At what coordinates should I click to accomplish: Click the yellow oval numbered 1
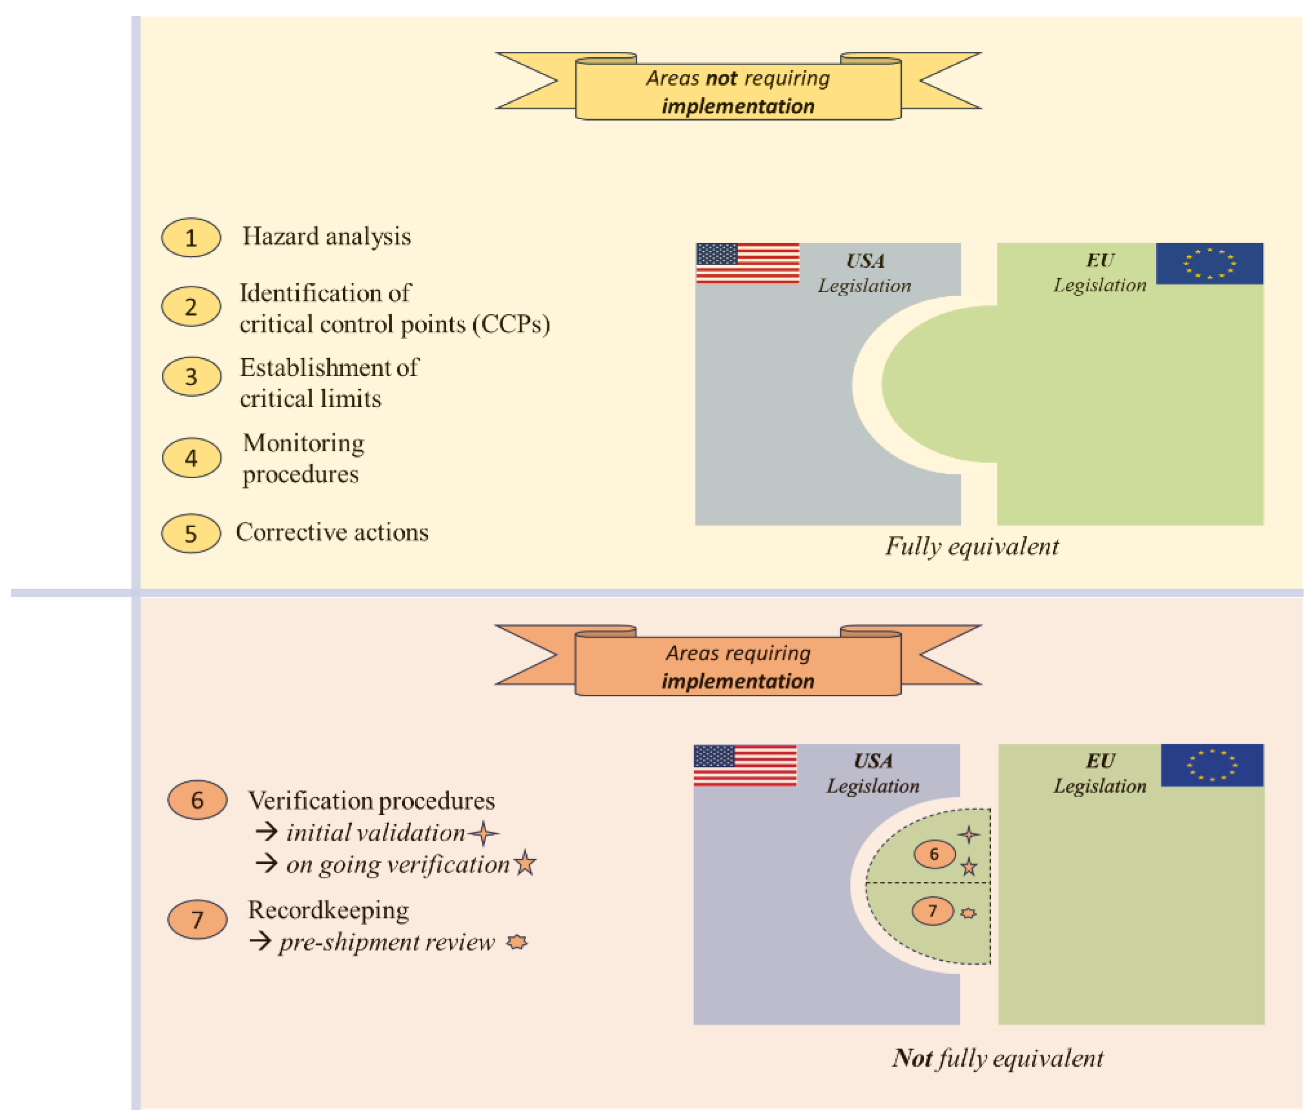click(x=191, y=238)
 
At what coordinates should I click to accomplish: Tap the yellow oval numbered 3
click(x=191, y=377)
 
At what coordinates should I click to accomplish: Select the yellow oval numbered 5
click(x=191, y=533)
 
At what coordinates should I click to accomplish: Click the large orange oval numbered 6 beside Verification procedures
click(x=197, y=800)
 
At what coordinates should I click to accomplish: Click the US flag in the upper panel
click(x=747, y=263)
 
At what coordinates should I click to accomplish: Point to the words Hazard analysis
click(x=326, y=236)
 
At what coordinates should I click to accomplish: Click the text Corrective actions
click(x=332, y=532)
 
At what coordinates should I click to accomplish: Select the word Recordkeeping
click(x=328, y=910)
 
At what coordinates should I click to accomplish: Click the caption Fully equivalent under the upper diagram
click(x=972, y=546)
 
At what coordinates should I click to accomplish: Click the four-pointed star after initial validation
click(x=484, y=833)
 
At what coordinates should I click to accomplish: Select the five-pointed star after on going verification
click(x=525, y=863)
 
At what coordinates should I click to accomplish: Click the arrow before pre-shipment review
click(x=261, y=941)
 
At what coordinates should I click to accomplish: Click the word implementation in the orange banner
click(x=738, y=681)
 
